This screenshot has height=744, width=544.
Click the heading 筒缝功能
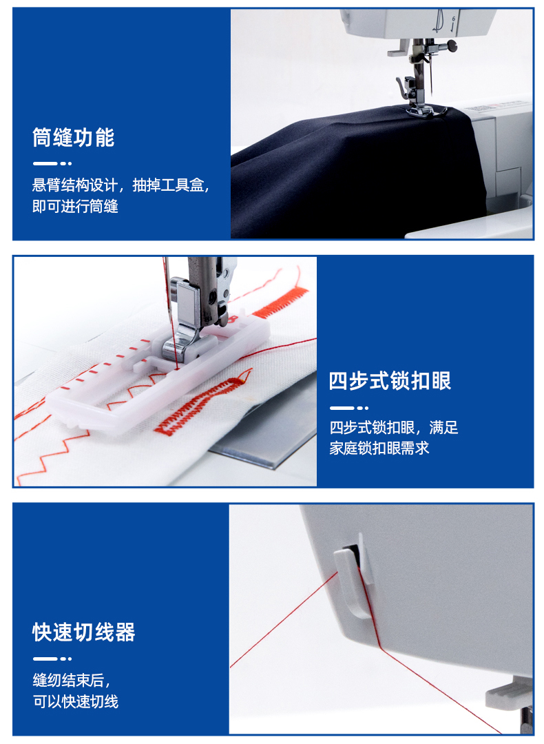74,138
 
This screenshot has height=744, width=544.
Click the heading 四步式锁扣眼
390,381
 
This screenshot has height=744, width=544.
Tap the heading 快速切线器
84,632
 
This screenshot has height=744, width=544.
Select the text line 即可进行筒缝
76,207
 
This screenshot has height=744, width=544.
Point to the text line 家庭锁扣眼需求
379,448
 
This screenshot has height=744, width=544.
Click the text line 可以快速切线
76,701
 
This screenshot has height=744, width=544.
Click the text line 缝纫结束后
71,681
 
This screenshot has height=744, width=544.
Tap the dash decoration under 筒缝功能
52,164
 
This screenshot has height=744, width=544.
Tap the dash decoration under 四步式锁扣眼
349,408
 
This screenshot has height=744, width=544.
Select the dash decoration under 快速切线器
52,659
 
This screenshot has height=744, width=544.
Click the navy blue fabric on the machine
351,176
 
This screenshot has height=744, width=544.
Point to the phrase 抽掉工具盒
168,185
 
